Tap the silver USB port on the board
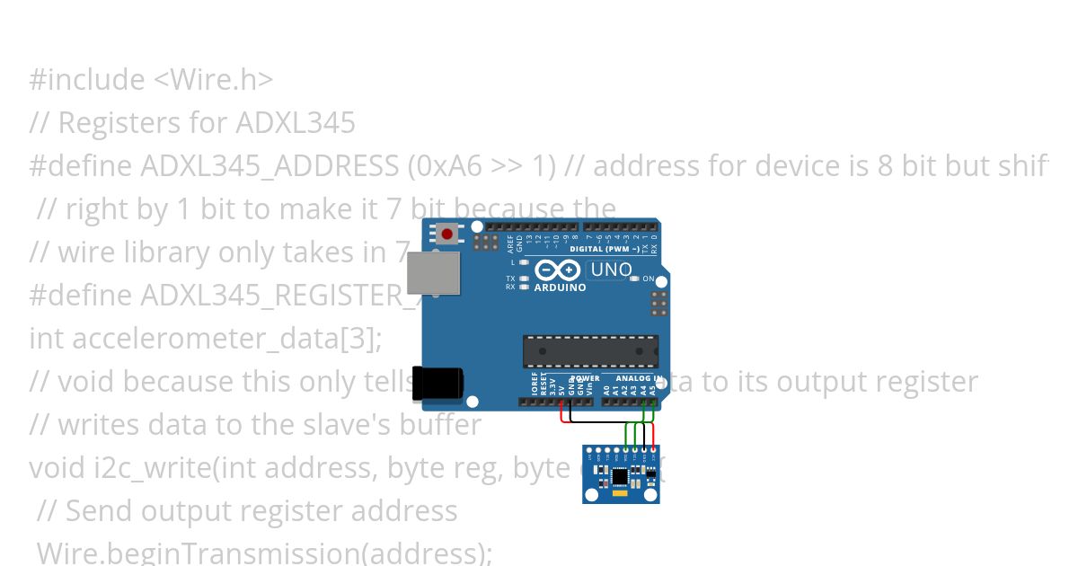(x=434, y=272)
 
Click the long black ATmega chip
(x=590, y=351)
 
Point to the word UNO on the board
(x=611, y=270)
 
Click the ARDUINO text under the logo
(x=560, y=288)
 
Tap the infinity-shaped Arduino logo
(x=558, y=270)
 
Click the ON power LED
(x=634, y=279)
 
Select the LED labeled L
(x=524, y=263)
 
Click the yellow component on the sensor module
(x=620, y=494)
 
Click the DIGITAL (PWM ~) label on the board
(x=605, y=249)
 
